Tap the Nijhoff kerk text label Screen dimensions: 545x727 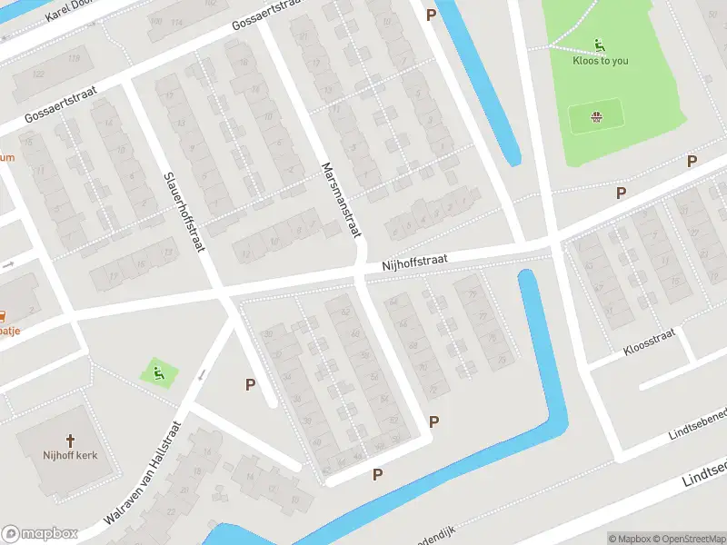click(x=70, y=455)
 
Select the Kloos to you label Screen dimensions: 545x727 click(x=600, y=61)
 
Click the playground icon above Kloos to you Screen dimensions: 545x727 click(x=599, y=45)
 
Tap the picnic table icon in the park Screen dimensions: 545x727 click(x=596, y=117)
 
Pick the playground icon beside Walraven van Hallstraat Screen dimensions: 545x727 click(x=157, y=371)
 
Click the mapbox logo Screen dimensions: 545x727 click(x=40, y=534)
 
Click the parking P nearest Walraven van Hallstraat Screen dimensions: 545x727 click(x=250, y=384)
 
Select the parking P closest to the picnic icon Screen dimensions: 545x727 click(x=622, y=193)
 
